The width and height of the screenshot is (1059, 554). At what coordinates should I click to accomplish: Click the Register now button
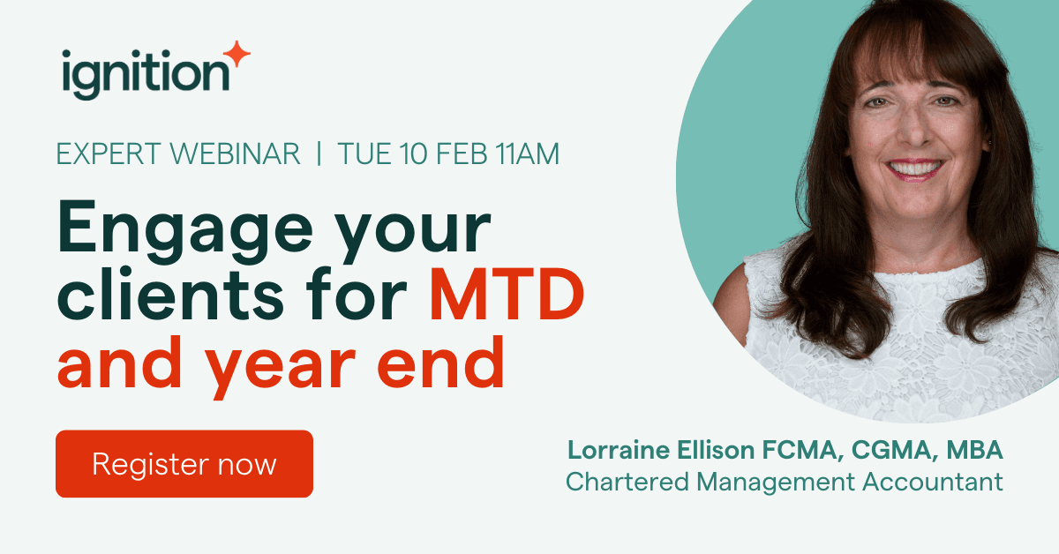(x=184, y=464)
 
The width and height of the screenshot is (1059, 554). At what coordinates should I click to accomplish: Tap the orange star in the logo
(x=237, y=53)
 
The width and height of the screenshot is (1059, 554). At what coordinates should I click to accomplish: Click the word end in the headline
(x=454, y=365)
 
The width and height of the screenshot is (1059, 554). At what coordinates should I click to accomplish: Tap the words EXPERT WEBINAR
(x=177, y=154)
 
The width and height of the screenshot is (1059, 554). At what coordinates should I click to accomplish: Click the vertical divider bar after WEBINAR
(x=319, y=154)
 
